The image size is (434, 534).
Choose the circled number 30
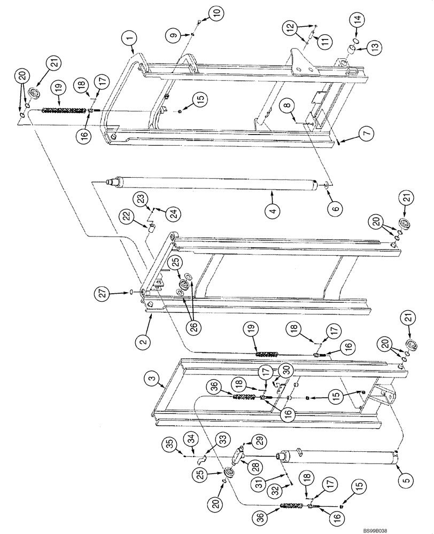pos(285,370)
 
